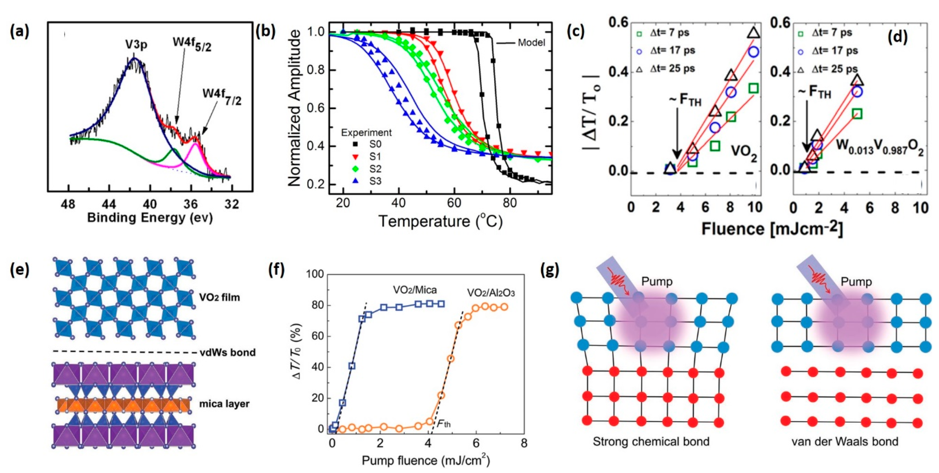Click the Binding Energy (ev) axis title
pyautogui.click(x=150, y=218)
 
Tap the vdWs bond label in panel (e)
pyautogui.click(x=228, y=352)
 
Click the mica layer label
pyautogui.click(x=224, y=404)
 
